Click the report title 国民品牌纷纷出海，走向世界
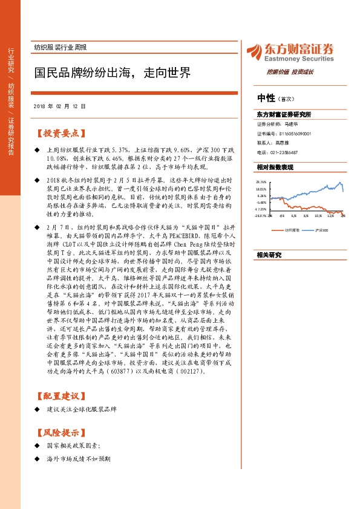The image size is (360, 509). click(112, 73)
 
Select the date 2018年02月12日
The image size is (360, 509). click(59, 106)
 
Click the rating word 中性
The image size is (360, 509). click(266, 98)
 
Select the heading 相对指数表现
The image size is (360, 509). click(275, 166)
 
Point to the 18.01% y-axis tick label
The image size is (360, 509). click(261, 189)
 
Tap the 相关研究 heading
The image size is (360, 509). click(269, 255)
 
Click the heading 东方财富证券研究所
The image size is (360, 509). click(284, 114)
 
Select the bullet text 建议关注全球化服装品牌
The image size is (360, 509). click(81, 410)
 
